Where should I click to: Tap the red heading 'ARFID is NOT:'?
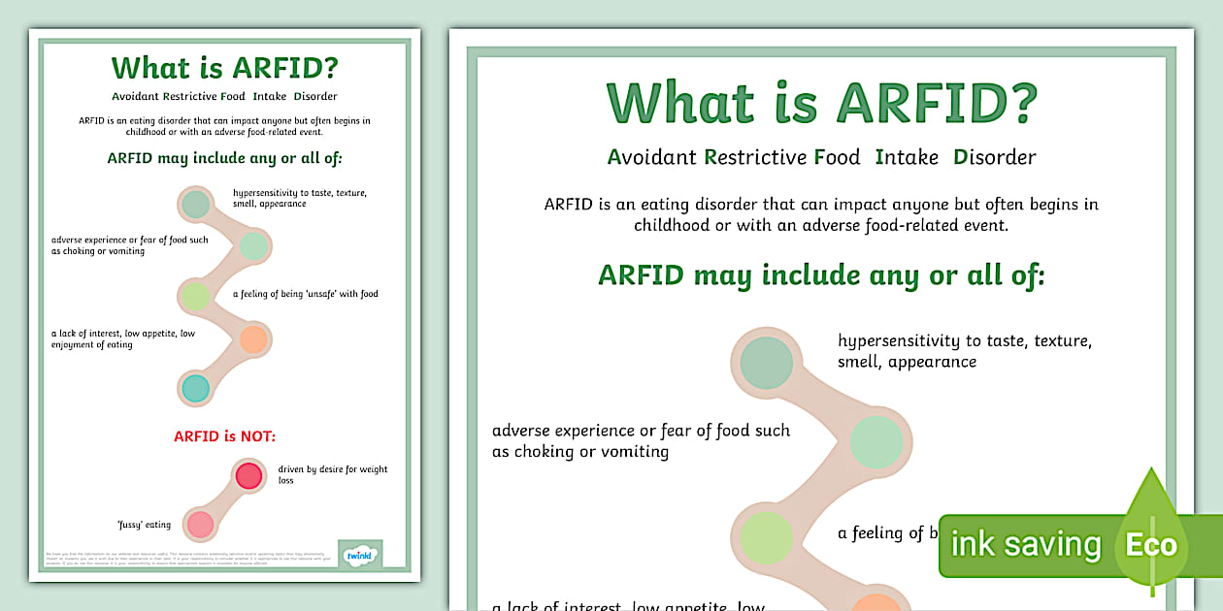(x=225, y=436)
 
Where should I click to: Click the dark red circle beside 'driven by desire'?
(x=249, y=475)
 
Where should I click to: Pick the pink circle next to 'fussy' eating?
(x=200, y=525)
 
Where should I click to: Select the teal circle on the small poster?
(x=195, y=388)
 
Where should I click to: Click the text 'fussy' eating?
(x=144, y=525)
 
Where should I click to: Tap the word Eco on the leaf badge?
(x=1151, y=544)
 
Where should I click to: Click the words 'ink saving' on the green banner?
(x=1026, y=544)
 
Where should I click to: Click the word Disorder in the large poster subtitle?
(x=995, y=157)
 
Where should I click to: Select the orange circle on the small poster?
(x=252, y=339)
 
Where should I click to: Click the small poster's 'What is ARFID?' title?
(x=224, y=68)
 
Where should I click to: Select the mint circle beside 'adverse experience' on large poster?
(x=876, y=442)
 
